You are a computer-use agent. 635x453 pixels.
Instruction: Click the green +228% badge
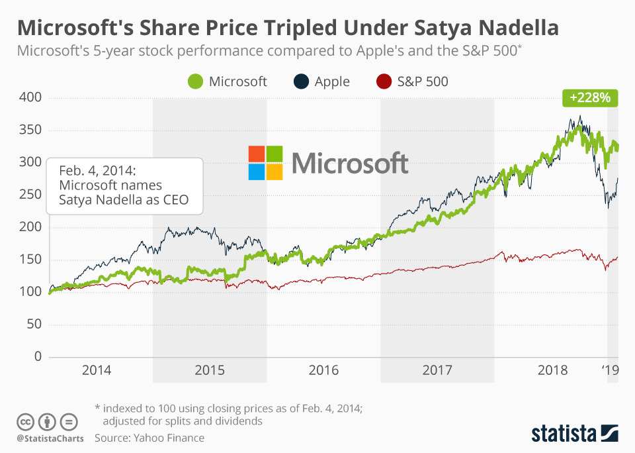click(590, 98)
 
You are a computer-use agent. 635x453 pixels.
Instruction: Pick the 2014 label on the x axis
click(96, 370)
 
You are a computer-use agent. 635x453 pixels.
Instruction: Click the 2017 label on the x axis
click(437, 370)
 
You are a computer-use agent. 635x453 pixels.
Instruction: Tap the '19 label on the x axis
click(610, 370)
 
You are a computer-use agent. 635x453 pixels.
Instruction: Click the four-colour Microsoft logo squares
click(265, 163)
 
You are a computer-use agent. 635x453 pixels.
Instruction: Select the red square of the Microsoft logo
click(256, 154)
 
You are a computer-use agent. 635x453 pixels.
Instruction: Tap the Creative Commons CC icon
click(25, 421)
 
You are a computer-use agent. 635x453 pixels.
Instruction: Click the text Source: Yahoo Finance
click(149, 438)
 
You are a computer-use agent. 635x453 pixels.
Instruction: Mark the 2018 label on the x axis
click(552, 370)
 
